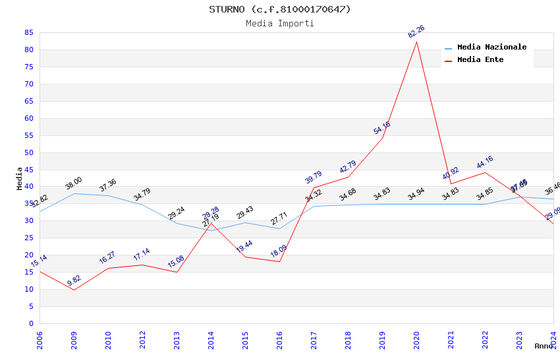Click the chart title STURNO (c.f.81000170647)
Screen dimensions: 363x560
280,9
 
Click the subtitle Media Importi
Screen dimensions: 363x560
280,23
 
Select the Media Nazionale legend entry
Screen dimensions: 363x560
491,48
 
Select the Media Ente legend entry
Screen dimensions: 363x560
480,60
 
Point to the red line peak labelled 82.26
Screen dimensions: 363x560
416,42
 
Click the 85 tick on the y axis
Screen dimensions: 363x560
28,32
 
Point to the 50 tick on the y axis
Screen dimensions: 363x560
28,152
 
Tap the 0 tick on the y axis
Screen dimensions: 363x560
31,323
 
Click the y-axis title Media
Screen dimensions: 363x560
20,178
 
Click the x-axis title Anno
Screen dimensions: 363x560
544,346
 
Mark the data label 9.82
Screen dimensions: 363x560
74,282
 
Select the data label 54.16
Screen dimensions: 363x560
381,128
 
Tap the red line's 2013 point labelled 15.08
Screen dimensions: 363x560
177,272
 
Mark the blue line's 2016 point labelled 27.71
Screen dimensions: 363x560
279,228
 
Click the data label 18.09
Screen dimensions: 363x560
279,252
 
